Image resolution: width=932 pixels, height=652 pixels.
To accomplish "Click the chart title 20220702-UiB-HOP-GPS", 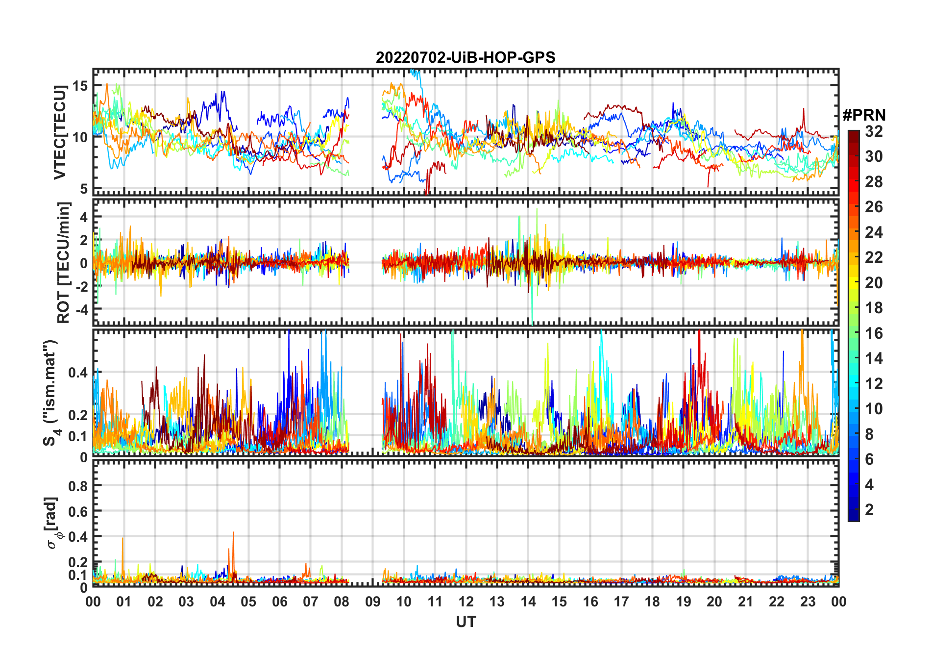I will [x=466, y=58].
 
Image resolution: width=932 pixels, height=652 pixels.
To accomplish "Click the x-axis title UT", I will [x=466, y=622].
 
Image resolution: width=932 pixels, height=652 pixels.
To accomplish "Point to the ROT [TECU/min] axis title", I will [x=64, y=262].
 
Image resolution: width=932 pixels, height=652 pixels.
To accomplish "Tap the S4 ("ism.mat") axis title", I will [x=50, y=392].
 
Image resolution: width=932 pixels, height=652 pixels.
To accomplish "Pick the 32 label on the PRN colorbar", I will [x=874, y=131].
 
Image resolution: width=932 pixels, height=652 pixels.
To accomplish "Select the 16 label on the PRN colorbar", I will [x=874, y=333].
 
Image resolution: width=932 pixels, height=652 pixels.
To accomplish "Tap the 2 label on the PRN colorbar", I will [x=869, y=510].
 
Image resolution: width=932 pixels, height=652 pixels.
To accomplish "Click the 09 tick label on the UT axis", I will [x=372, y=602].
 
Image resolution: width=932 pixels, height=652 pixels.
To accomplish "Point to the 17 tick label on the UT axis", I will [x=621, y=602].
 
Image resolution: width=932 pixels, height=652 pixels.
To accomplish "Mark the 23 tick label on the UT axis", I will [x=808, y=602].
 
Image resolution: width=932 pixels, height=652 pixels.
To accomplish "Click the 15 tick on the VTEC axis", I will [x=80, y=86].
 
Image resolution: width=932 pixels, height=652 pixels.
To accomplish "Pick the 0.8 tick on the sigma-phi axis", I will [x=78, y=486].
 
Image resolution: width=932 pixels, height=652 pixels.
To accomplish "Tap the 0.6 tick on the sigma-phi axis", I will [x=78, y=511].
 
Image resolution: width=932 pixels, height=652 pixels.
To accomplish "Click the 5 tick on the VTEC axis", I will [x=83, y=189].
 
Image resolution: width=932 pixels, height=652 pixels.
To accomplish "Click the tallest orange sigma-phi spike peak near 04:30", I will [x=233, y=532].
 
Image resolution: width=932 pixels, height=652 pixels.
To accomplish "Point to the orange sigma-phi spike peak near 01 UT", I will [x=123, y=538].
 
